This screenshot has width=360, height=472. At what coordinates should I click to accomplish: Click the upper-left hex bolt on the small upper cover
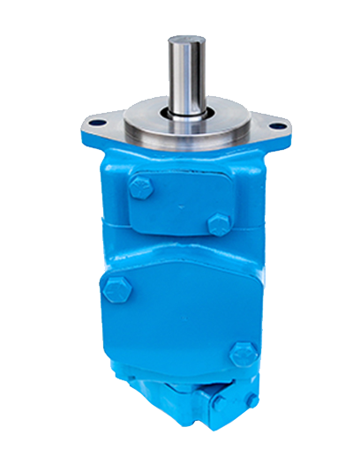point(139,186)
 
